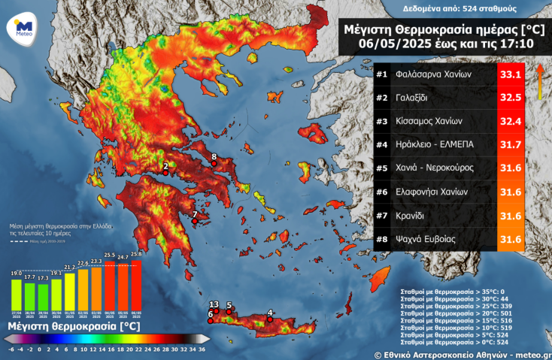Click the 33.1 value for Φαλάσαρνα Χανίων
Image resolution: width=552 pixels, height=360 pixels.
[511, 75]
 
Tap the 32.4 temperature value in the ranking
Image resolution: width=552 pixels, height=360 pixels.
[511, 121]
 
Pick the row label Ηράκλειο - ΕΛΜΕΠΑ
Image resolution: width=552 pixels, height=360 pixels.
[434, 144]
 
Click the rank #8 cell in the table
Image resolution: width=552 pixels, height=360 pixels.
[381, 239]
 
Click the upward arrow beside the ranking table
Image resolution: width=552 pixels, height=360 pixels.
[538, 81]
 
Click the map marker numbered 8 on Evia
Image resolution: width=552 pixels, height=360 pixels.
[214, 164]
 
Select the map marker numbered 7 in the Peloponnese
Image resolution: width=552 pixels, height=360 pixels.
[195, 221]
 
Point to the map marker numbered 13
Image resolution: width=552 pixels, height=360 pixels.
[216, 310]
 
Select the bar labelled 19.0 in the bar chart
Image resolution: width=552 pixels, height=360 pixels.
[16, 289]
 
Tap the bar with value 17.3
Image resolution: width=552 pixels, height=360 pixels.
[43, 292]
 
